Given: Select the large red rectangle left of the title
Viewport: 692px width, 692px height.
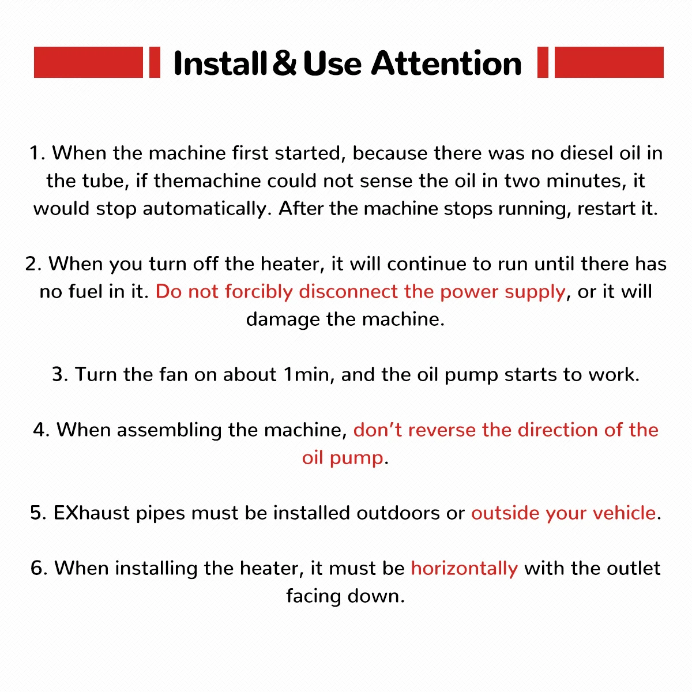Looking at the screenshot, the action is (x=88, y=62).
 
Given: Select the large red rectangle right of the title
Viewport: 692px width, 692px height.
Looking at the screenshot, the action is (x=609, y=62).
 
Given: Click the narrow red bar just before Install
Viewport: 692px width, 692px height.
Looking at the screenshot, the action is (x=155, y=62).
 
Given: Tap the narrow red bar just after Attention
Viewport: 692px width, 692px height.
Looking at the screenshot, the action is (x=543, y=62).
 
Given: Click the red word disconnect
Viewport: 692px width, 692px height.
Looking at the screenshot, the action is (x=348, y=291).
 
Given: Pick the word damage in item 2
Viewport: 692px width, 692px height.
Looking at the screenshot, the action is (x=283, y=319).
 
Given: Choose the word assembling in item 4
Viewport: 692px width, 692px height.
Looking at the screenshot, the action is (x=169, y=430).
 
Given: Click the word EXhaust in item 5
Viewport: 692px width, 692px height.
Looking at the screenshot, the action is (x=92, y=513).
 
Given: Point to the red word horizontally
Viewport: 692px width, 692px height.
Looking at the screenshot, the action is (x=464, y=569).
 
